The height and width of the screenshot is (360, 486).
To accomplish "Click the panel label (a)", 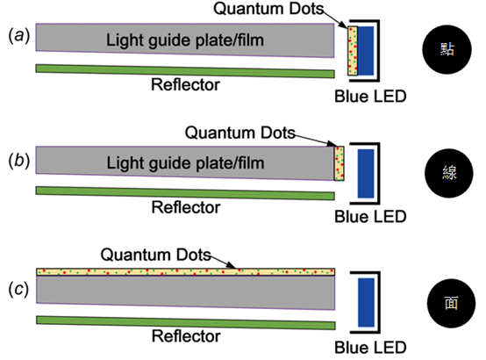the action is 19,35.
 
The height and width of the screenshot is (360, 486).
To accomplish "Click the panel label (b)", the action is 19,161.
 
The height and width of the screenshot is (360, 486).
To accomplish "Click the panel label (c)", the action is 19,289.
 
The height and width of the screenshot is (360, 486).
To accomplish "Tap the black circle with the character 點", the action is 447,49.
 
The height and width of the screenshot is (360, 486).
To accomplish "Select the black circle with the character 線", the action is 449,173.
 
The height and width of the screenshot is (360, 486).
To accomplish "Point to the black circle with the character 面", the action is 451,303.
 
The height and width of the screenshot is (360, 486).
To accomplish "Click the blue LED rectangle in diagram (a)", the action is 366,51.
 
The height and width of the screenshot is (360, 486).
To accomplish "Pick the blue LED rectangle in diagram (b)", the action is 366,174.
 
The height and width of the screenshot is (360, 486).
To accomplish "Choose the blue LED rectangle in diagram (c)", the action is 367,303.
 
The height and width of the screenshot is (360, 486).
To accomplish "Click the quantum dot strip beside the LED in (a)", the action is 353,51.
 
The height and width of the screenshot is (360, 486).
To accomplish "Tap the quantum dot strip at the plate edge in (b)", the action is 339,163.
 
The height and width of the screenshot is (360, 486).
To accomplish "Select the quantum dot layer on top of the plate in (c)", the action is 186,272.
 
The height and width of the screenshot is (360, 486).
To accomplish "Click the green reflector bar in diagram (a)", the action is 185,71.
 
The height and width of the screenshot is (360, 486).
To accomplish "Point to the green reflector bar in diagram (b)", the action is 185,193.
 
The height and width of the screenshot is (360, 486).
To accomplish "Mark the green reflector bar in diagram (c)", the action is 186,323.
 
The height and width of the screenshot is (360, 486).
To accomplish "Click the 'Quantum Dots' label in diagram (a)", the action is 268,9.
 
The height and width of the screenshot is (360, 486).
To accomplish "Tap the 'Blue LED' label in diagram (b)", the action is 370,217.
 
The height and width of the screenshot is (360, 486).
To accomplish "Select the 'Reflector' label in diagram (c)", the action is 186,336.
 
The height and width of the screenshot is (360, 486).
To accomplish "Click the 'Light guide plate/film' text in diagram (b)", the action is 185,163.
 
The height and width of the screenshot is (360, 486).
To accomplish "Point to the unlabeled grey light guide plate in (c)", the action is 186,292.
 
